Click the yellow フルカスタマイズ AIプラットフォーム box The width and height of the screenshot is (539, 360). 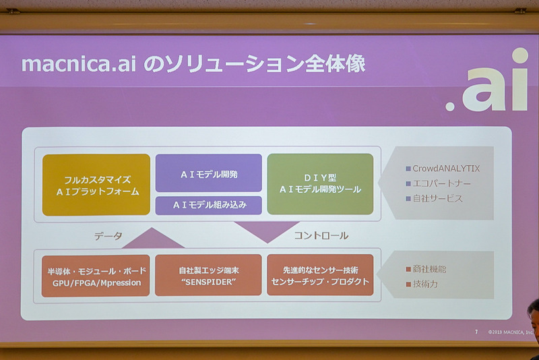(x=96, y=184)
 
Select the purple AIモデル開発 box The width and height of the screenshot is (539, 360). (x=208, y=173)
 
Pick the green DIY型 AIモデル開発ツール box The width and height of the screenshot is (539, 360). (x=320, y=184)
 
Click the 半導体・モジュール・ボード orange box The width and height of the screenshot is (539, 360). (x=96, y=275)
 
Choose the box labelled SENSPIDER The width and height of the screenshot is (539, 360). (x=208, y=275)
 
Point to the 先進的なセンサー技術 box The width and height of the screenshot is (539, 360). (x=320, y=275)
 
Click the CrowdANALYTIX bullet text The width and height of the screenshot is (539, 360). (x=446, y=169)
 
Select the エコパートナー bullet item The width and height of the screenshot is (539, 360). (x=442, y=183)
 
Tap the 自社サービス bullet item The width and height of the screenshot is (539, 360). (x=438, y=199)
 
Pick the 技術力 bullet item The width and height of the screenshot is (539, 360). (x=425, y=284)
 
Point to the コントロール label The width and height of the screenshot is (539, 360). (x=321, y=236)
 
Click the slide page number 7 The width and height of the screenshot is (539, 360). (x=476, y=332)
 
